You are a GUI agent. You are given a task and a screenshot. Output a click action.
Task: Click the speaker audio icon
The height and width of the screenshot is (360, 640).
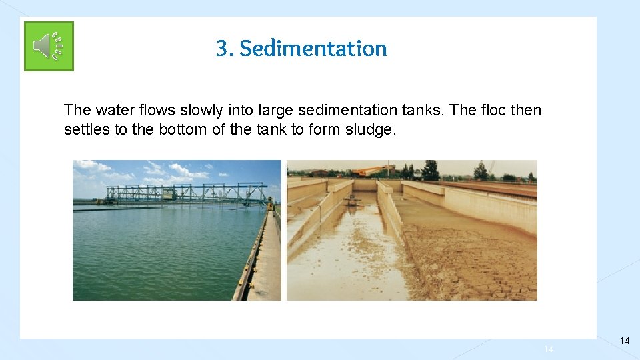tap(49, 46)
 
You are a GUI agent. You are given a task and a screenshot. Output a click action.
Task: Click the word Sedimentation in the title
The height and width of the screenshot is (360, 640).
tap(313, 49)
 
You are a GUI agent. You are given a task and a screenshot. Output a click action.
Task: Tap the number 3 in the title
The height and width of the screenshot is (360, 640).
tap(221, 49)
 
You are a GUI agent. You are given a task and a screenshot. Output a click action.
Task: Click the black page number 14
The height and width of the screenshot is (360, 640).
tap(624, 341)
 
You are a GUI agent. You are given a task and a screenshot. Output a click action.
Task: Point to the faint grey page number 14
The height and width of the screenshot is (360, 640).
tap(549, 349)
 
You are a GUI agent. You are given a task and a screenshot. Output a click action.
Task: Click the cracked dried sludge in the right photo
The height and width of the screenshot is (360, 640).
tap(467, 260)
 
